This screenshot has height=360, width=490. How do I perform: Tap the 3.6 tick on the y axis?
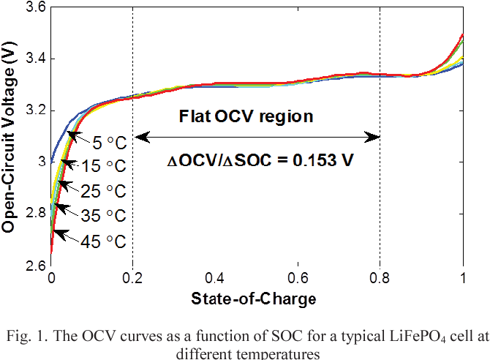point(34,7)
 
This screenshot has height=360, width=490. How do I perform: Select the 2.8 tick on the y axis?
point(34,213)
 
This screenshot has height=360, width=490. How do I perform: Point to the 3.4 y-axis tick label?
point(34,59)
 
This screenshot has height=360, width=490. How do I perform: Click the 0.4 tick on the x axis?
point(215,279)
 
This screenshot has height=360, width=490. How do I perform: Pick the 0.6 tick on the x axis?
point(298,279)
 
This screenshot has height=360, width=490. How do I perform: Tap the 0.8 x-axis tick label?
point(380,279)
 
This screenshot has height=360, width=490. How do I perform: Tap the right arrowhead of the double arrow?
point(376,137)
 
